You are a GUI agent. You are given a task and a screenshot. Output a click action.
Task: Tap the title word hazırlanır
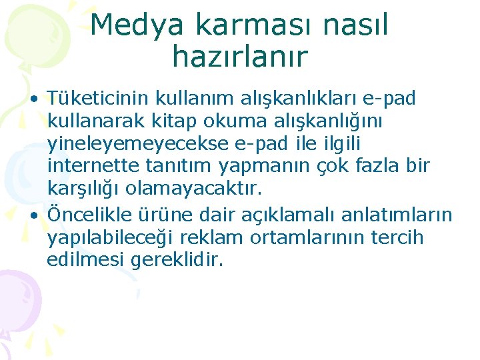coord(239,57)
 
